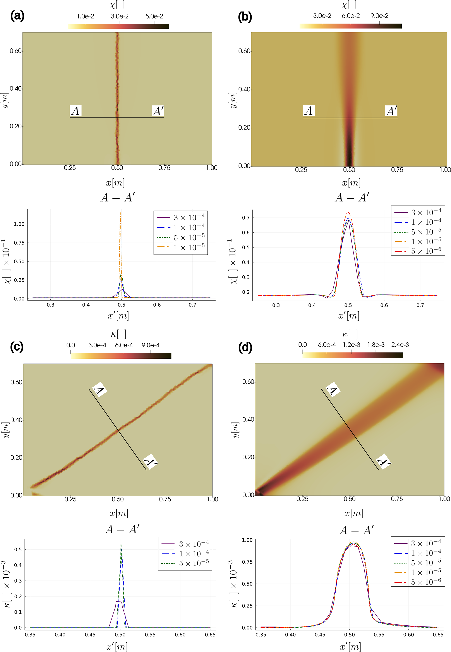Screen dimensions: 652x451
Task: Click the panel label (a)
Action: [x=17, y=16]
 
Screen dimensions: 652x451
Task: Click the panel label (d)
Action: [x=245, y=347]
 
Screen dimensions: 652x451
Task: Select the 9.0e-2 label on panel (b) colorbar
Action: [x=379, y=16]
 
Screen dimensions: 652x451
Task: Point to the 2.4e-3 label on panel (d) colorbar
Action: [x=400, y=345]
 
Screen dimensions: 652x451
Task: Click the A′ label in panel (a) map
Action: [x=158, y=111]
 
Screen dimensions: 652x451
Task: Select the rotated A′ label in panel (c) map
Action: [x=150, y=462]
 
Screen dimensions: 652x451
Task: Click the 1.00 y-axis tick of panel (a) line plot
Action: [x=19, y=224]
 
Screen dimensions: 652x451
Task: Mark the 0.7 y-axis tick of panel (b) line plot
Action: [x=246, y=218]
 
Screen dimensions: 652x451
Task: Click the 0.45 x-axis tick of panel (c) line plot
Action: [x=90, y=635]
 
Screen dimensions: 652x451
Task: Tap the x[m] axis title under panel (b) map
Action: [x=351, y=183]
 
